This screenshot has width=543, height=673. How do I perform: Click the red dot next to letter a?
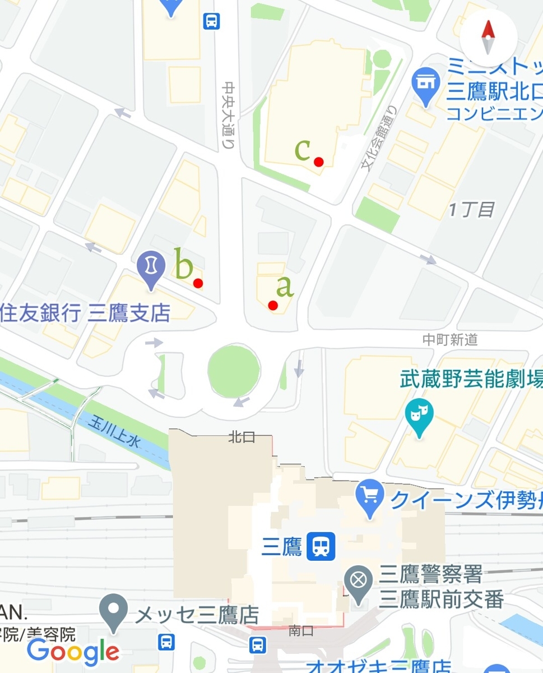click(273, 305)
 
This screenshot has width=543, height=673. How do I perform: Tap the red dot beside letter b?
click(198, 283)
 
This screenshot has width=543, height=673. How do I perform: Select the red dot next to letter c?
click(319, 162)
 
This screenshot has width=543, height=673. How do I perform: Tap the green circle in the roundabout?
click(234, 371)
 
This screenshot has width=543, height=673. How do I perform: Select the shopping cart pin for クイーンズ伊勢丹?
click(369, 498)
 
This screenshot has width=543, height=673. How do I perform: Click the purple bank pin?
click(151, 268)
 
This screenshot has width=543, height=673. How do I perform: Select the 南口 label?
click(301, 630)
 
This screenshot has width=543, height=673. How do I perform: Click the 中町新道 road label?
click(451, 339)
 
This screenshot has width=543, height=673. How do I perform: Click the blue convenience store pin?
click(426, 85)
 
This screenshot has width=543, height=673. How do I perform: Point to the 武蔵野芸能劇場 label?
click(471, 380)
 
